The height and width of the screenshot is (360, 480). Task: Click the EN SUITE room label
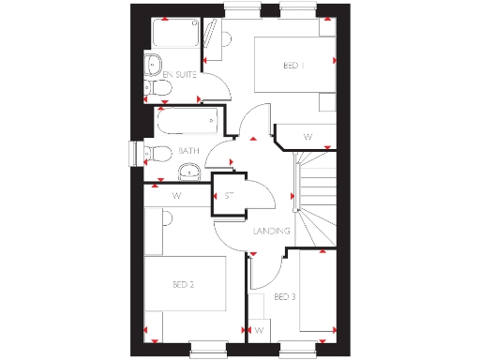click(179, 73)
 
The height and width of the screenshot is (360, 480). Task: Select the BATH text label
click(189, 151)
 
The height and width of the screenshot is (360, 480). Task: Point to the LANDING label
click(272, 231)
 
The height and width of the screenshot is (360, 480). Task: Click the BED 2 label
click(183, 284)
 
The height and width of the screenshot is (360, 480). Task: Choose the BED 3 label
click(285, 297)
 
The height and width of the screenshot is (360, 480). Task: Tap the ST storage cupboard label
click(230, 196)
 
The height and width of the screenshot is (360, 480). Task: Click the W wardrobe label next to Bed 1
click(307, 138)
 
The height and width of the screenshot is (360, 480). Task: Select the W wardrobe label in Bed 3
click(259, 331)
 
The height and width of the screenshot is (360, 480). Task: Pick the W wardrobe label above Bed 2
click(176, 196)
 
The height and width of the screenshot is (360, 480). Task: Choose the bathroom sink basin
click(190, 172)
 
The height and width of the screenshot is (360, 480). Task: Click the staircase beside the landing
click(315, 202)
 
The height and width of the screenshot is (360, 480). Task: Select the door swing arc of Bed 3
click(264, 272)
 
